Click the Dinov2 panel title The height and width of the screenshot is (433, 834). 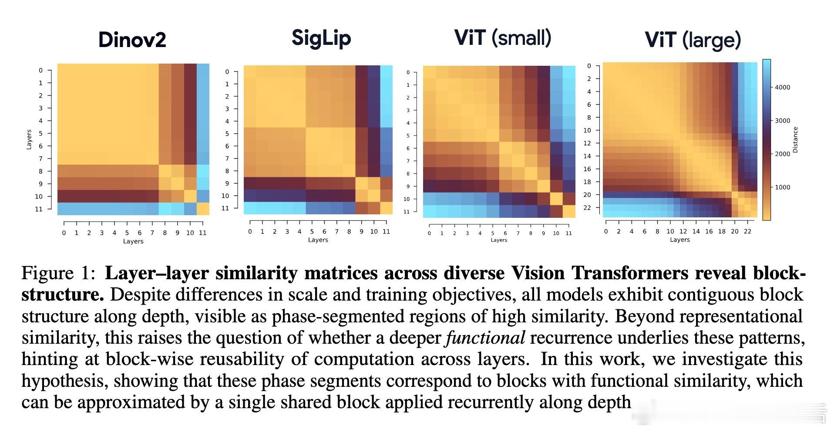click(x=132, y=40)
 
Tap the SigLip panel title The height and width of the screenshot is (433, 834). click(x=321, y=38)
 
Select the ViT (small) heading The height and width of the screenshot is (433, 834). click(x=503, y=37)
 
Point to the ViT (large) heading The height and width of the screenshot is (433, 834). click(x=693, y=41)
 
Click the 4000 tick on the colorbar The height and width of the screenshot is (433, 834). click(x=782, y=87)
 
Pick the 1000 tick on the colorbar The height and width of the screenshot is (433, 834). click(x=782, y=187)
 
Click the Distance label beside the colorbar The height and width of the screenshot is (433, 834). click(x=795, y=140)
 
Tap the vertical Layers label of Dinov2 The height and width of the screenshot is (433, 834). click(x=29, y=139)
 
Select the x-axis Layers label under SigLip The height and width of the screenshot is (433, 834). click(x=318, y=240)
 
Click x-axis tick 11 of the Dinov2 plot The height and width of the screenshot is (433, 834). click(x=203, y=233)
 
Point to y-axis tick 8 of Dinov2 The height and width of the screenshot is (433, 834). click(x=41, y=171)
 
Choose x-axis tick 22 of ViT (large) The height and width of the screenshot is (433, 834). click(x=747, y=231)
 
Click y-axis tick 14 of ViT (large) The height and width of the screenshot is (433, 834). click(x=587, y=156)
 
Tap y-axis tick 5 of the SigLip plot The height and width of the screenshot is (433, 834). click(x=227, y=134)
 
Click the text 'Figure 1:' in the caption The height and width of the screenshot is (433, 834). click(x=58, y=274)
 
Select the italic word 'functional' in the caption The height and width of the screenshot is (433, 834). click(x=485, y=338)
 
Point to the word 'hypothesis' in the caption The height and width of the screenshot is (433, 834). click(x=65, y=381)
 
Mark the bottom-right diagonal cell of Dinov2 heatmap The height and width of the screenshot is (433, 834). click(x=203, y=209)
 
